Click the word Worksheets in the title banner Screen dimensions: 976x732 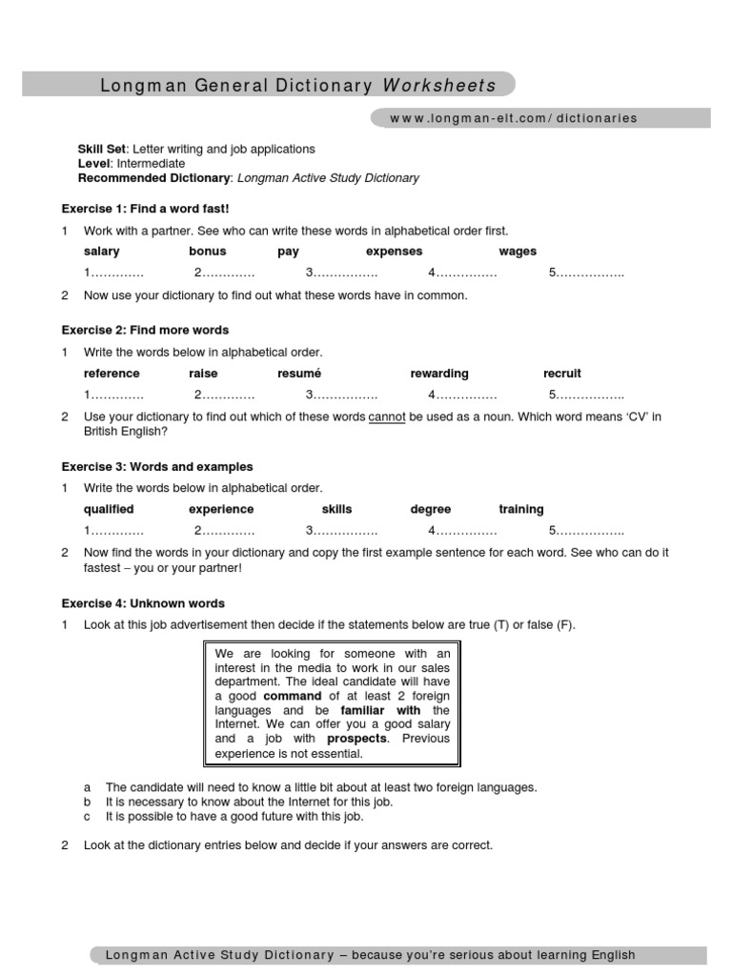tap(439, 86)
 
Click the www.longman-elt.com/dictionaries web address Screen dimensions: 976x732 tap(513, 118)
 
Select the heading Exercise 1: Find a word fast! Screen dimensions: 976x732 tap(145, 208)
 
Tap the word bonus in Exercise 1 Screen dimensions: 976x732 tap(208, 252)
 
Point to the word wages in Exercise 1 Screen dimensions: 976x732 tap(518, 252)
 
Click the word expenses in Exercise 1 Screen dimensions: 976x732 tap(394, 252)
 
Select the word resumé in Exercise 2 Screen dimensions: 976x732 tap(299, 374)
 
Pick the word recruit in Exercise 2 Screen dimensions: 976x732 tap(562, 374)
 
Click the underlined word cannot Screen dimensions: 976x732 tap(386, 417)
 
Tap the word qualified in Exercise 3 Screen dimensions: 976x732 tap(109, 509)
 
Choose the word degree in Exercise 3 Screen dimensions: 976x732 tap(431, 509)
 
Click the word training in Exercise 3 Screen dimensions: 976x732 tap(521, 509)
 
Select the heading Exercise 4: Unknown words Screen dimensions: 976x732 tap(143, 603)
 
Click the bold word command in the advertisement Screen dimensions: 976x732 tap(293, 696)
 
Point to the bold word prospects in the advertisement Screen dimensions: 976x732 tap(357, 739)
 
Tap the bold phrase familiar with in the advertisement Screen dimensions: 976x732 tap(381, 710)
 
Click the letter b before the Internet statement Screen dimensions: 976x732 tap(88, 803)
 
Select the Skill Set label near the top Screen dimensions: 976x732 tap(102, 150)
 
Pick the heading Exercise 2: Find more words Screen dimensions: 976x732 tap(145, 330)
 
